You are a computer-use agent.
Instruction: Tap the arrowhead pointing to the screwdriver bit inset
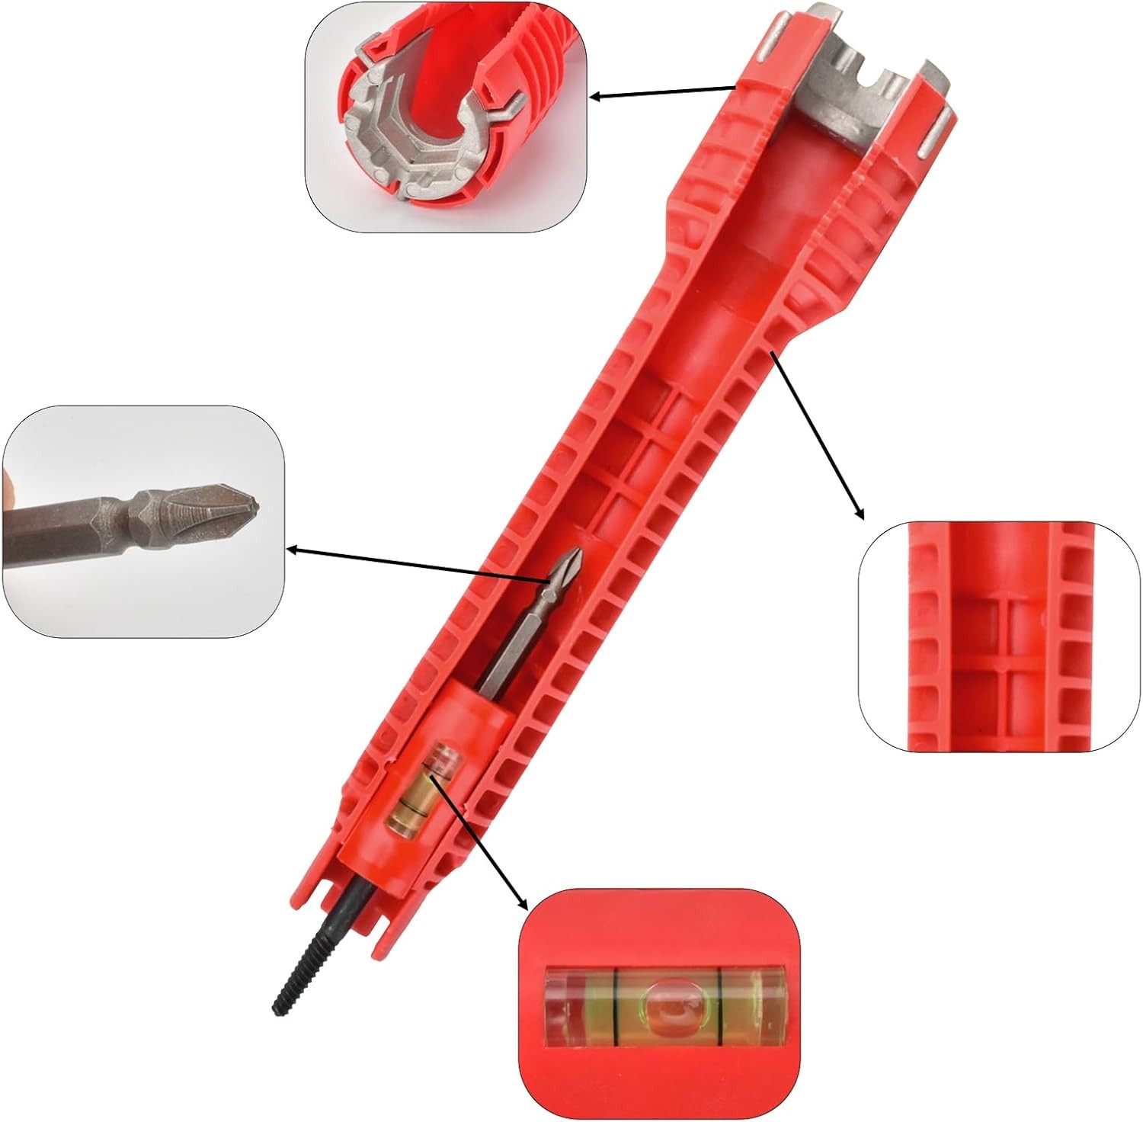pyautogui.click(x=292, y=547)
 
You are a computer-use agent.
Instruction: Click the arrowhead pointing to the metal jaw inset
pyautogui.click(x=597, y=97)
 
